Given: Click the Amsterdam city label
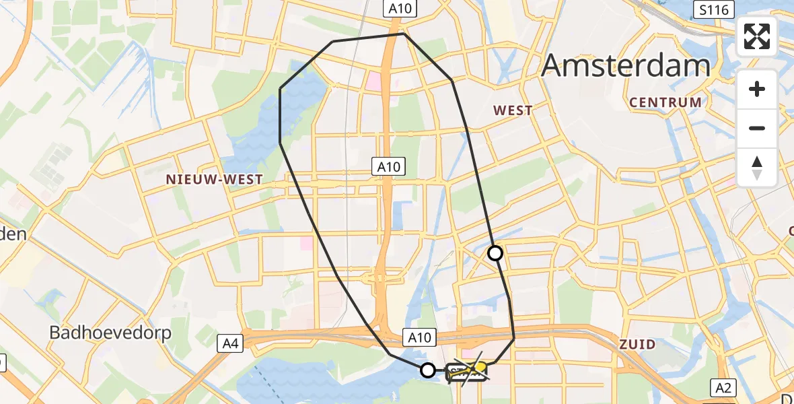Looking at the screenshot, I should [626, 65].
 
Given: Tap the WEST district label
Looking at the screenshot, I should [513, 110].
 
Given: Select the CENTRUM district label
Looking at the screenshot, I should [665, 102].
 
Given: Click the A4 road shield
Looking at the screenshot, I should [230, 344].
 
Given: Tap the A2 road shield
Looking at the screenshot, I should [724, 387].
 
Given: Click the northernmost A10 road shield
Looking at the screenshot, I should [402, 8].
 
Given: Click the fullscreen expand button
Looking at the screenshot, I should [757, 36].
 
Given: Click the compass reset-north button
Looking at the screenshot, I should [757, 167].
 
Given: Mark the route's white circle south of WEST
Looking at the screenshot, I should [495, 253].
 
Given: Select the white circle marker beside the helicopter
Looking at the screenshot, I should [428, 370].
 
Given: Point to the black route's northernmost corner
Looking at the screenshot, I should [403, 34].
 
